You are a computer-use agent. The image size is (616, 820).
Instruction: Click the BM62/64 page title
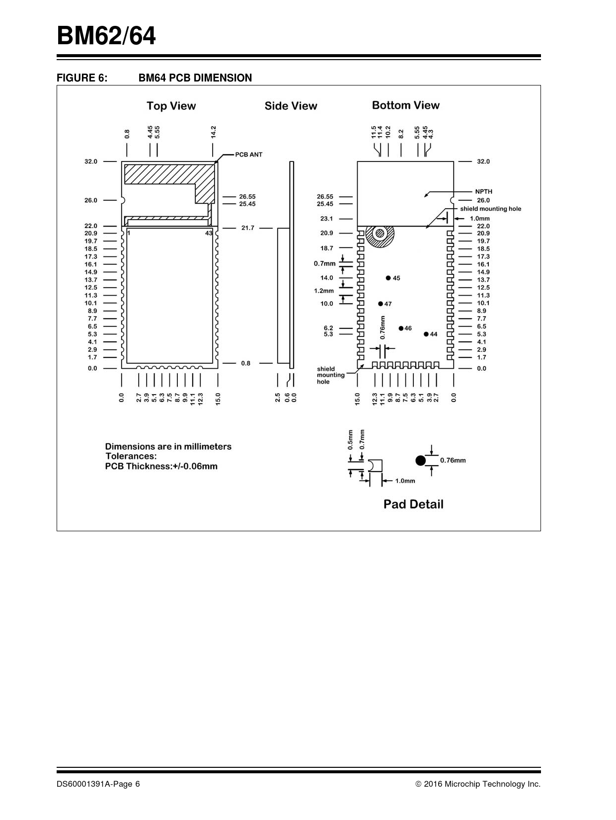(106, 36)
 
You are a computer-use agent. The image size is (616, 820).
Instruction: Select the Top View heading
(171, 106)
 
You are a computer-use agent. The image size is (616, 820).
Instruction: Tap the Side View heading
(291, 106)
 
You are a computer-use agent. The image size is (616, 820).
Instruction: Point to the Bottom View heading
(405, 105)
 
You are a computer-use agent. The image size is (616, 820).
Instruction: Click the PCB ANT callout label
(248, 155)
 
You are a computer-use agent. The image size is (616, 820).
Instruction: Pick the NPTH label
(483, 191)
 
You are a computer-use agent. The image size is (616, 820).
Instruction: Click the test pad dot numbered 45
(388, 278)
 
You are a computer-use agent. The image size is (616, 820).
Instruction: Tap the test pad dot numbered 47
(381, 304)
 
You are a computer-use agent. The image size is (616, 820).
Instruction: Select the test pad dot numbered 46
(401, 328)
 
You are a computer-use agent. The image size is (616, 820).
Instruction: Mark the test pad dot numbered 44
(426, 334)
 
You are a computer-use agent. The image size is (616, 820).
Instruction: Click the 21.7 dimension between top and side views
(247, 228)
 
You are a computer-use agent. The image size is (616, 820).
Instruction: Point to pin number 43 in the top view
(209, 233)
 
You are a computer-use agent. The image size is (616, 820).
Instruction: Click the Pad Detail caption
(413, 504)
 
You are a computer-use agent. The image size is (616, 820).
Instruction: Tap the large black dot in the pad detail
(421, 460)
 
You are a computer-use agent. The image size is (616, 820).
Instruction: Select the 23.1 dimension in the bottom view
(326, 219)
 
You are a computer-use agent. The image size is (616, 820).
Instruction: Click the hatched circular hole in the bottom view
(380, 233)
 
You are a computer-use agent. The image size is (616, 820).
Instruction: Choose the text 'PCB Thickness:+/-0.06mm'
(161, 466)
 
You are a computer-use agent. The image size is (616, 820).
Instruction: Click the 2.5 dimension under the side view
(278, 398)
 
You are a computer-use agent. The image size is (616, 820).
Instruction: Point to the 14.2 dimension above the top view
(213, 132)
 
